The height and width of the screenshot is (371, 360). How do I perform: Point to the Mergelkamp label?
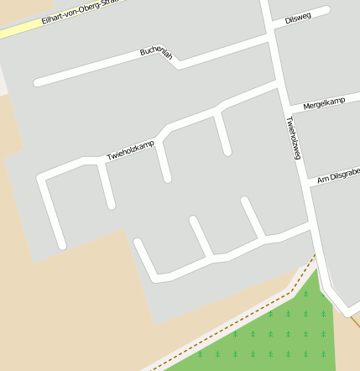pos(324,103)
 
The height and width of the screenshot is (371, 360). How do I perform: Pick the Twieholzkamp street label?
pos(130,151)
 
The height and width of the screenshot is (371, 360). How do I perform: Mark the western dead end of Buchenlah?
pos(38,82)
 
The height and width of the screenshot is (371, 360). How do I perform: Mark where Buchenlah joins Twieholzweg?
pos(271,37)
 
